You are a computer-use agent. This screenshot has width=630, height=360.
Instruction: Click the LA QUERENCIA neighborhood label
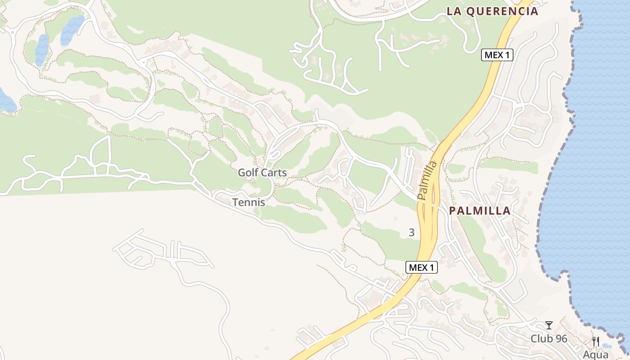tap(492, 11)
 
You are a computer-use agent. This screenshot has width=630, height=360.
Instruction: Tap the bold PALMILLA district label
tap(480, 211)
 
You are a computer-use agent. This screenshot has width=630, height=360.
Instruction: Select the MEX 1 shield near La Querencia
tap(497, 55)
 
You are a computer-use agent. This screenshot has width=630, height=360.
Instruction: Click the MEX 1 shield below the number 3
tap(422, 267)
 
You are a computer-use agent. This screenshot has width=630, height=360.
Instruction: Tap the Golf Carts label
tap(262, 172)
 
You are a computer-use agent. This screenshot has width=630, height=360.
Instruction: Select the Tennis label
tap(248, 202)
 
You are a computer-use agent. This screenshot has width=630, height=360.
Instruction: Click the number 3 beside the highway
tap(411, 233)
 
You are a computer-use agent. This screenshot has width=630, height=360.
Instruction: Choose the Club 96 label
tap(549, 338)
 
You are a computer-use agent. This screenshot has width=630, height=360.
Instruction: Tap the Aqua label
tap(595, 354)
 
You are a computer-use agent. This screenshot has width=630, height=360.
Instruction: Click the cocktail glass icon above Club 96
tap(549, 325)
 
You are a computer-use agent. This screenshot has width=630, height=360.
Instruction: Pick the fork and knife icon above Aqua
tap(596, 342)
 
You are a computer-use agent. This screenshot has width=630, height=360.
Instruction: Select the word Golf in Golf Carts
tap(247, 172)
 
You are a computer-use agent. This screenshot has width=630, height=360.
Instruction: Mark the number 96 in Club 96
tap(561, 338)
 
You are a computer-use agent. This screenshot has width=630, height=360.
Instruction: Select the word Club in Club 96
tap(541, 338)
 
